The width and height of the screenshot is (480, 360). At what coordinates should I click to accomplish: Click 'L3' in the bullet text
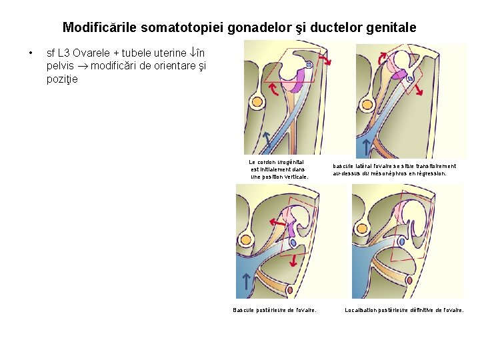pos(66,53)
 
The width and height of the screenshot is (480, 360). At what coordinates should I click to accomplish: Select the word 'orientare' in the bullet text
pos(166,66)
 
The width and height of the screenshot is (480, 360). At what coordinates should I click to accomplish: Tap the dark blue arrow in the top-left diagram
pos(265,139)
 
